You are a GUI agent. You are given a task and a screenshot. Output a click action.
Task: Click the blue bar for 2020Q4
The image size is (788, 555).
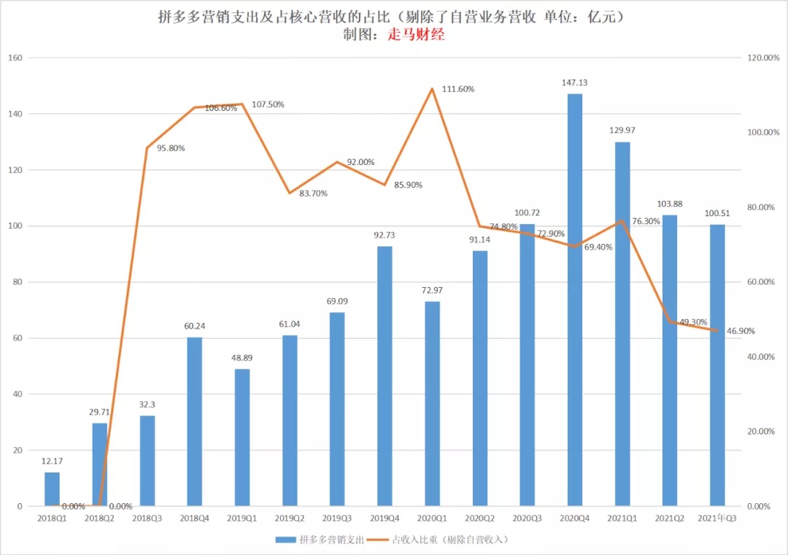575,299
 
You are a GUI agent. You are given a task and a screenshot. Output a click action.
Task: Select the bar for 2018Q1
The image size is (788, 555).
52,489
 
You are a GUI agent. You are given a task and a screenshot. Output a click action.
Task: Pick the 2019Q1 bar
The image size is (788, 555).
242,437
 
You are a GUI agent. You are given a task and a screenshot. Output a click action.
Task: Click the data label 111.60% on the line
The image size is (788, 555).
458,89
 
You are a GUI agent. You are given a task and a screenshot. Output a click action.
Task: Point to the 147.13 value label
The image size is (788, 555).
575,83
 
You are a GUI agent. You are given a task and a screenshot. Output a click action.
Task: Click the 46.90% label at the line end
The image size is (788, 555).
738,331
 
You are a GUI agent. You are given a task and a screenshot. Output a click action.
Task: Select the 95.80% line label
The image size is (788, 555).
169,148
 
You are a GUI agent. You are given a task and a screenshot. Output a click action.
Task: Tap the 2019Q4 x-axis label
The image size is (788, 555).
385,518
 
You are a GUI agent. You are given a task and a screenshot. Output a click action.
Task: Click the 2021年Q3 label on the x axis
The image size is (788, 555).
717,518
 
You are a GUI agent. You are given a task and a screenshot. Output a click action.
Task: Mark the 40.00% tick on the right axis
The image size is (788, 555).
762,356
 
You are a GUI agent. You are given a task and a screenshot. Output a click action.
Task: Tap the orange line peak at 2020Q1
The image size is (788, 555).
432,89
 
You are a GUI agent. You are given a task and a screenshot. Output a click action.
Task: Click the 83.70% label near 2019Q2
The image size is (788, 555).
313,194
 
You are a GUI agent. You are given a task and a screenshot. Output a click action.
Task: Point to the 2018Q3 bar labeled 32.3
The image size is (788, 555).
147,461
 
